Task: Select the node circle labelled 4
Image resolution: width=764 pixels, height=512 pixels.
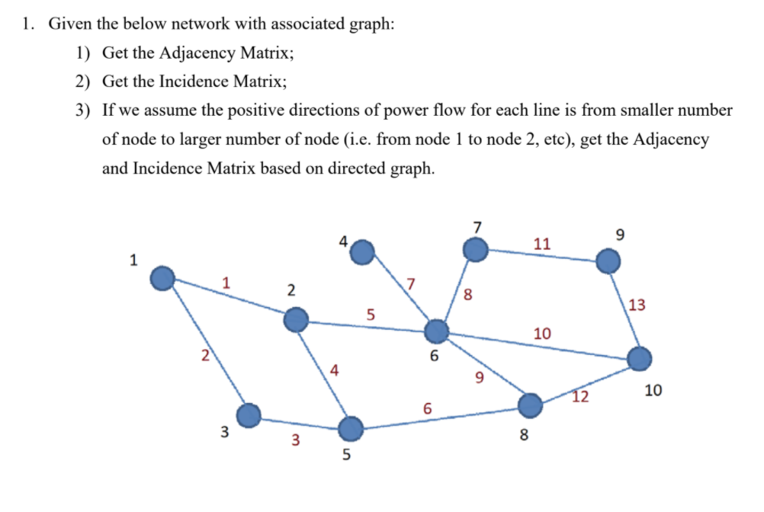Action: point(363,251)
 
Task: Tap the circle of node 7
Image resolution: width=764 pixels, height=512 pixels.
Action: point(477,249)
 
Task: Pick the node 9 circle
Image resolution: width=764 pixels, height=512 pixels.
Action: point(608,262)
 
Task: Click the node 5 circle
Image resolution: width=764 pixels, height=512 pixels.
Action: point(351,429)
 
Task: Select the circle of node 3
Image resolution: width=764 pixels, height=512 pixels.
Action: point(249,415)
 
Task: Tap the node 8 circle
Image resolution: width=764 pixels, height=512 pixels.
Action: point(531,404)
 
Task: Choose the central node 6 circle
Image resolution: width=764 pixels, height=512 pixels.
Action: point(436,331)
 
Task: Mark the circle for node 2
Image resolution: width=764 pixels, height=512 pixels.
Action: point(296,320)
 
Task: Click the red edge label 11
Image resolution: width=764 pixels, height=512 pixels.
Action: point(542,244)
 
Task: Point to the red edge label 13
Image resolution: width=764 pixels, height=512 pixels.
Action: point(637,306)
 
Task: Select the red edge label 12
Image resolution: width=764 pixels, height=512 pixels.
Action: point(581,396)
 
